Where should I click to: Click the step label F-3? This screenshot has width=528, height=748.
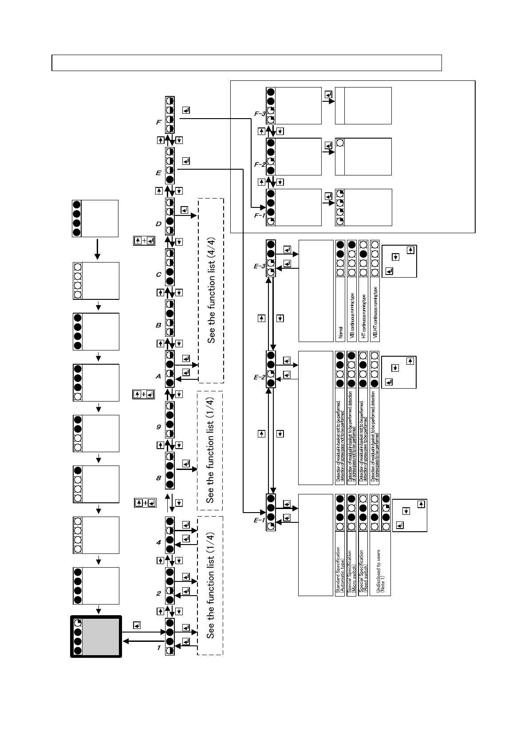[x=260, y=114]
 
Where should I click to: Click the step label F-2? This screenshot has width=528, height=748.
[x=260, y=164]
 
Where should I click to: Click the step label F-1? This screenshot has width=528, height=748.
[x=260, y=215]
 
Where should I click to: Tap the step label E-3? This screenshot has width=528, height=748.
[x=260, y=267]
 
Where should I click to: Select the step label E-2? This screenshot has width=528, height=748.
[x=260, y=377]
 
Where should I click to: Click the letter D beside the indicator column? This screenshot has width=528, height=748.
[x=158, y=224]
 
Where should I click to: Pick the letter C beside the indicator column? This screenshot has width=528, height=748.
[x=158, y=275]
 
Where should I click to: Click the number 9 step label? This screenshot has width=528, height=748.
[x=158, y=427]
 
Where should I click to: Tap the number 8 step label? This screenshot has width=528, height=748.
[x=158, y=478]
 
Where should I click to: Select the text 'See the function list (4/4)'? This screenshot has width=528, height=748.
[x=212, y=290]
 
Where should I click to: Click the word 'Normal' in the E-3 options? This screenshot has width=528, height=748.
[x=340, y=333]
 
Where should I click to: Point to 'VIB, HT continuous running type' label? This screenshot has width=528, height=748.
[x=375, y=313]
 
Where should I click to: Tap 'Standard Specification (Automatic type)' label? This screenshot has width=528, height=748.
[x=340, y=570]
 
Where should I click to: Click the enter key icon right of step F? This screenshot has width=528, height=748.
[x=186, y=110]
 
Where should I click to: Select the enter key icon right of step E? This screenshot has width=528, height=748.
[x=186, y=161]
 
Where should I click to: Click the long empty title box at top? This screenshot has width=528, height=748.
[x=247, y=63]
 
